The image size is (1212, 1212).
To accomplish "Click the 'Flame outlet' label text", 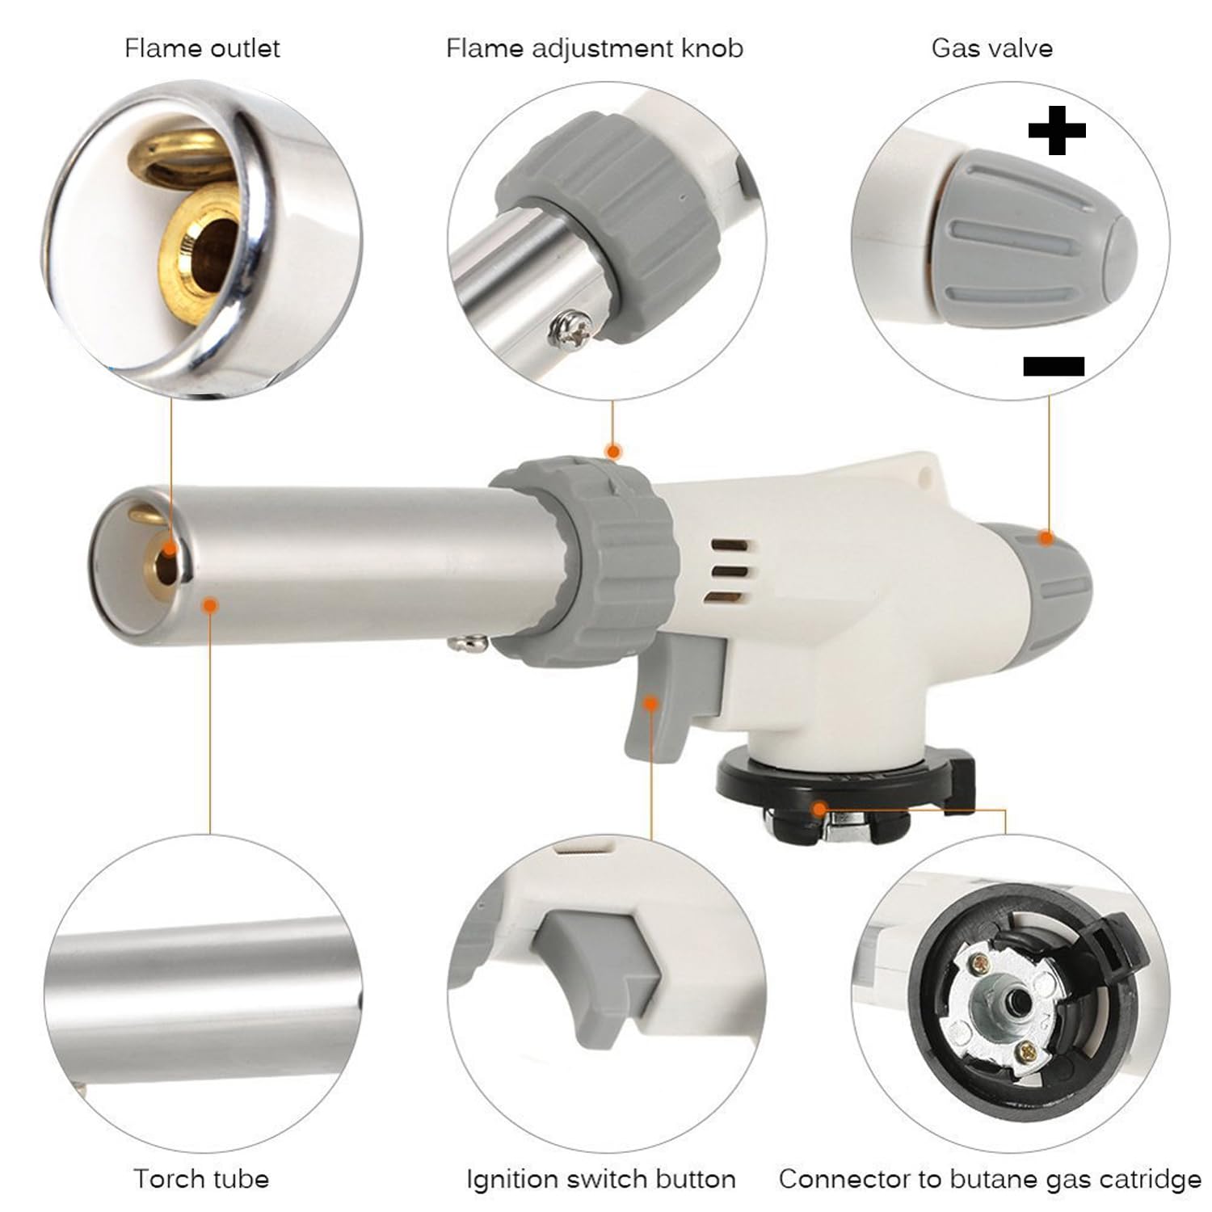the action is point(202,48).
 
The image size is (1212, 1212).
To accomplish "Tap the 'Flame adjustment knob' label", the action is point(594,48).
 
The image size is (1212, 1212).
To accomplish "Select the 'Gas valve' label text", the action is point(991,48).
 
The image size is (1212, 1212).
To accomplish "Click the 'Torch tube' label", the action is point(201,1179).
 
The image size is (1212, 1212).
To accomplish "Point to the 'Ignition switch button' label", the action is point(600,1179).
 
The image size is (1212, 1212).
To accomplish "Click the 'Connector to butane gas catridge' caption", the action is point(990,1179).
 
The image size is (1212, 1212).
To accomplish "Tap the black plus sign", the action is point(1056,130).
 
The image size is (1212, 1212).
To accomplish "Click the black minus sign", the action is point(1053,366).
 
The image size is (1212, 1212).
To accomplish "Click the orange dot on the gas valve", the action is point(1046,537).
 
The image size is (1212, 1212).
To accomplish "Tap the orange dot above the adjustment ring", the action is point(613,451).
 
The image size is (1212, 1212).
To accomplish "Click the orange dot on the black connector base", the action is point(820,808).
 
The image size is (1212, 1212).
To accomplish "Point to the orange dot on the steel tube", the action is point(210,604).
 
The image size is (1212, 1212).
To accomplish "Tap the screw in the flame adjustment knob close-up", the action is point(563,328).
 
